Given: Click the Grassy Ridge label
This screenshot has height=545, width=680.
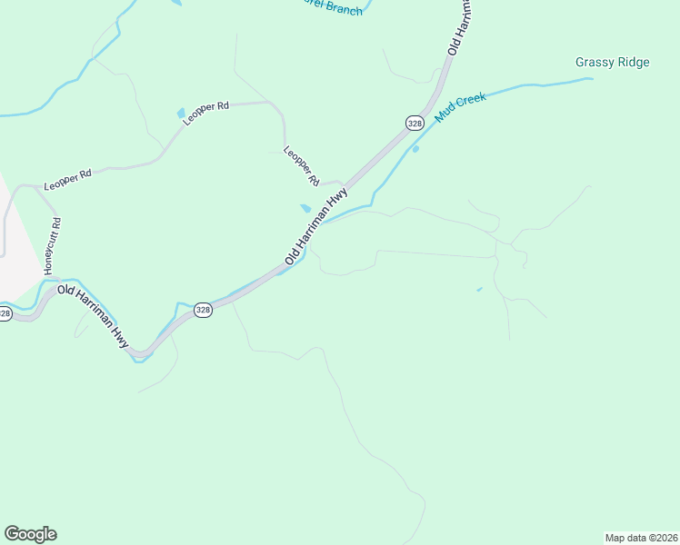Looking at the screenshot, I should tap(612, 63).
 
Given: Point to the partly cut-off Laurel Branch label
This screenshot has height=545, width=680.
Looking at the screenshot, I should tap(332, 8).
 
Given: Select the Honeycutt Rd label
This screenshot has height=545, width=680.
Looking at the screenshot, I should tap(52, 245).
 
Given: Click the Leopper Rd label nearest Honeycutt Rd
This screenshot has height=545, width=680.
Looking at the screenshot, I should tap(68, 179).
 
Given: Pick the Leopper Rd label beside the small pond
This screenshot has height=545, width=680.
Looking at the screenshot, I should tap(206, 113).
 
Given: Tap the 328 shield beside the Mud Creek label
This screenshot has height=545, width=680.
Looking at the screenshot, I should tap(415, 123).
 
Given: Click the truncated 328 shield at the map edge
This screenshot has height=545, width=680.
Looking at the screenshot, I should tap(5, 313).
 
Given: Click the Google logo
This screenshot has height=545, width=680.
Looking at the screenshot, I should tap(30, 534).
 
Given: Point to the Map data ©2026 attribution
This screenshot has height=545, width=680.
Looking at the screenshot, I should tap(642, 537).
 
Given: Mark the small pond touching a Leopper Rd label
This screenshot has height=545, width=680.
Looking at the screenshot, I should tap(181, 112).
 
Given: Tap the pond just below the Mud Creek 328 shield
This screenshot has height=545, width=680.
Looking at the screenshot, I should tap(415, 149).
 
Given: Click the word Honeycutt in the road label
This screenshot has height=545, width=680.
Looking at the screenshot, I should tap(52, 251).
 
